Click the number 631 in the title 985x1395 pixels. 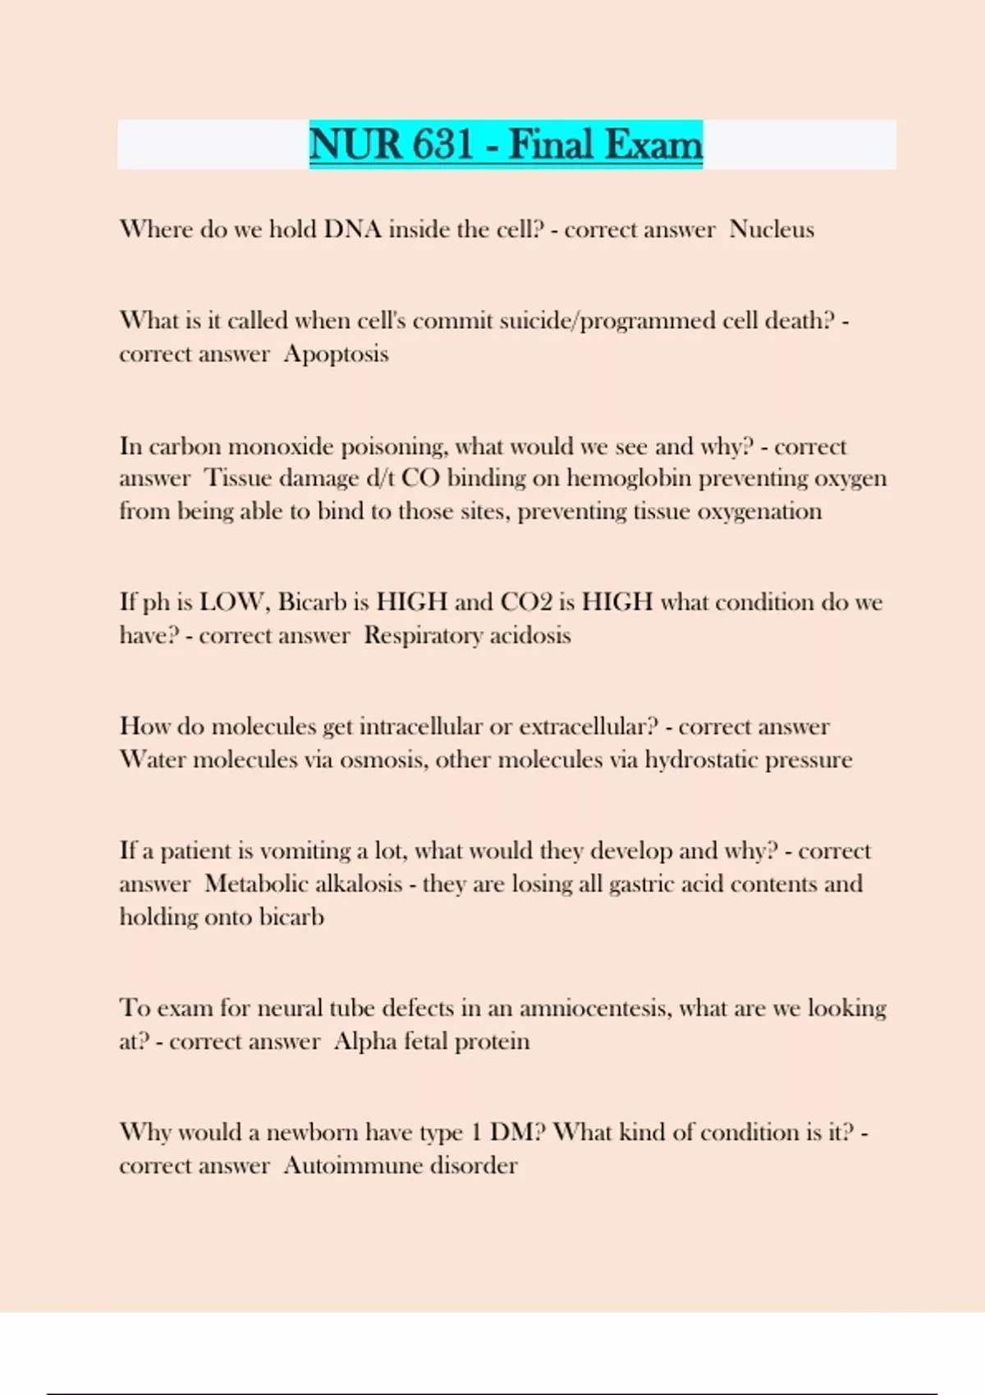tap(442, 144)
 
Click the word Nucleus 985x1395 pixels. tap(772, 229)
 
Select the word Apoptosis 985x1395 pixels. tap(336, 354)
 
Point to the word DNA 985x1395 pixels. tap(353, 229)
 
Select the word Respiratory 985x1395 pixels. tap(423, 635)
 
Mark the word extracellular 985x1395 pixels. tap(589, 726)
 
